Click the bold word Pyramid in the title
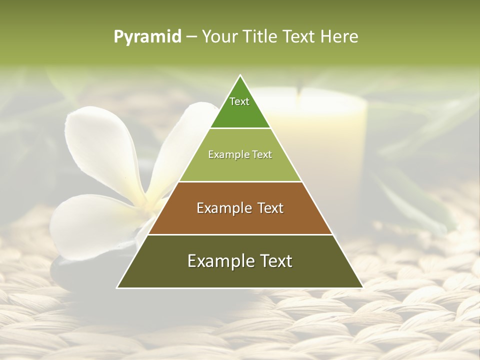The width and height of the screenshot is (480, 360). point(147,36)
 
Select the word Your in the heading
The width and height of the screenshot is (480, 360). point(219,36)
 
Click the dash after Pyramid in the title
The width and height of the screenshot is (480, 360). point(191,37)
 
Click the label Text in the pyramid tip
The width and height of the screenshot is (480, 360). point(239,101)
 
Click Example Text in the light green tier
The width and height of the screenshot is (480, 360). point(240,154)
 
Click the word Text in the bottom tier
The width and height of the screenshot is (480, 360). point(274,260)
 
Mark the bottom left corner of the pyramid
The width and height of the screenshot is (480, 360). point(117,287)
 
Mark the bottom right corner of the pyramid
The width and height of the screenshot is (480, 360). point(362,287)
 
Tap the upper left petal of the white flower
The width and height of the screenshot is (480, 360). point(100,145)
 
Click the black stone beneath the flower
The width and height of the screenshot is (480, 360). point(70,272)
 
